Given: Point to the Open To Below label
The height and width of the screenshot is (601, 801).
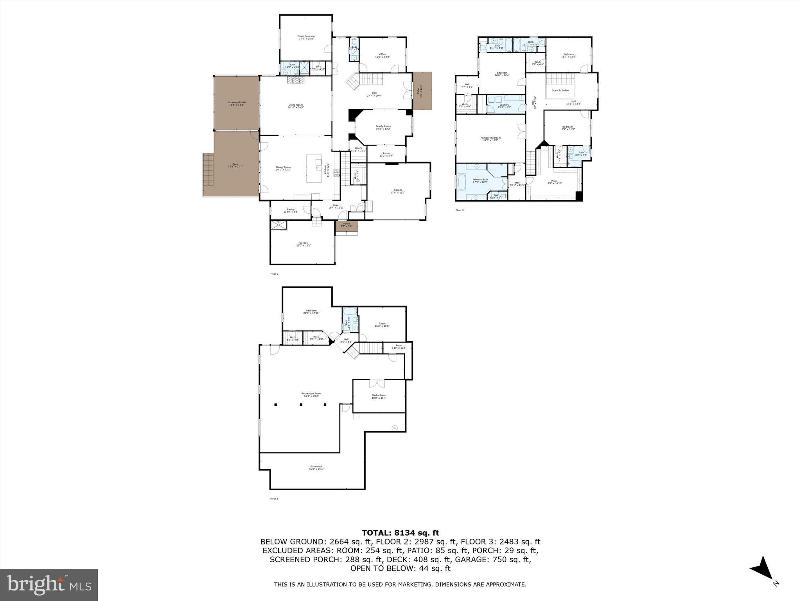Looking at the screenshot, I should pyautogui.click(x=560, y=90).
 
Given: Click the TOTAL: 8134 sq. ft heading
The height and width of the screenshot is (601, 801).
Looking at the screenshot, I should pyautogui.click(x=400, y=533).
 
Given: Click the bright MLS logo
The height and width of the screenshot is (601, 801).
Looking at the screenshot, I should pyautogui.click(x=49, y=585).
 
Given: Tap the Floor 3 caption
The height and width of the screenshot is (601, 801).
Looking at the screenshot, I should pyautogui.click(x=459, y=210).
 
